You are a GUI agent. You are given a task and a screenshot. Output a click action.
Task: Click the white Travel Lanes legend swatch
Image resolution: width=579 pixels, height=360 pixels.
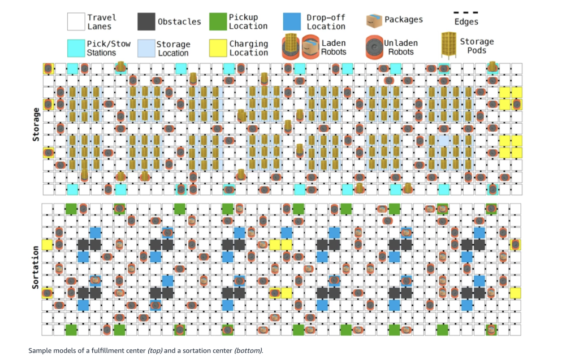click(76, 21)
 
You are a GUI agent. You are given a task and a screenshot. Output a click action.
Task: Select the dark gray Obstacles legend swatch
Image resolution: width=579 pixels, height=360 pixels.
click(146, 21)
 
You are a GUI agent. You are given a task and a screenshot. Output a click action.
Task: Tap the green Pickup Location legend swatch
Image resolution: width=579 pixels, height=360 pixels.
click(218, 21)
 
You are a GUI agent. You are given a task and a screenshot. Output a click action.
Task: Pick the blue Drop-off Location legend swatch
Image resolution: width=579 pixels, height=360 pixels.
click(292, 21)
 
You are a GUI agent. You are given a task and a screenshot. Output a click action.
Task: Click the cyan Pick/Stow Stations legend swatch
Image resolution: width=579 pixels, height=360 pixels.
click(76, 47)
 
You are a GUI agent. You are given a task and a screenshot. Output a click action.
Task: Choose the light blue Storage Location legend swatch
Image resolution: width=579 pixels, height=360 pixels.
click(146, 47)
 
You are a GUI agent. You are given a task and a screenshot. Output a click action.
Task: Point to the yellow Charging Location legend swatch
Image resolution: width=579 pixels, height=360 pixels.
click(218, 47)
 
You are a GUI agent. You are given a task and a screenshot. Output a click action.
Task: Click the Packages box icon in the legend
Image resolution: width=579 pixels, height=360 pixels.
click(374, 20)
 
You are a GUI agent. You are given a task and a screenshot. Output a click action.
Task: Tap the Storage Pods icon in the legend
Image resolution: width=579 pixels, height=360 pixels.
click(450, 46)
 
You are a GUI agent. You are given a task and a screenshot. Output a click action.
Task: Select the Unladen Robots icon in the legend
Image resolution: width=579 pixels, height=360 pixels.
click(373, 47)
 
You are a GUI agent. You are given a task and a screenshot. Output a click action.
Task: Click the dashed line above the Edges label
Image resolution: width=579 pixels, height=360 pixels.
click(466, 12)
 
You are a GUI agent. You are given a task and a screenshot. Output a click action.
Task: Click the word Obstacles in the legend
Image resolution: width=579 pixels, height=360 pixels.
click(179, 21)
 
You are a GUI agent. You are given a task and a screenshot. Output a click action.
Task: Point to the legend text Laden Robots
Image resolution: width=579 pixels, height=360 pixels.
click(334, 47)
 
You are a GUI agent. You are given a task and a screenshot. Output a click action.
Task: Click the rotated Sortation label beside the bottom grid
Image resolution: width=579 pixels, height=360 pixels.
click(35, 267)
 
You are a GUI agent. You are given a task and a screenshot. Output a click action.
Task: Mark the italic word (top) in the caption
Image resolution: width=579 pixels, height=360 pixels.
click(156, 350)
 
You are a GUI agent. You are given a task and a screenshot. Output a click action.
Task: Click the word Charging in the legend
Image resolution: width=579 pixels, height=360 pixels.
click(249, 44)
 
